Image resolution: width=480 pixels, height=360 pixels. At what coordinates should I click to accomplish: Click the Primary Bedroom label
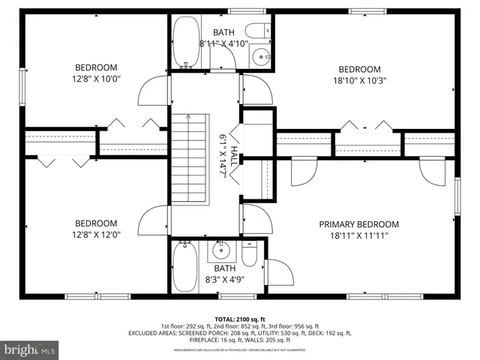tap(358, 224)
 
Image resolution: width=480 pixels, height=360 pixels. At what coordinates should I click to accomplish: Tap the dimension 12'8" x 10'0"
tap(95, 77)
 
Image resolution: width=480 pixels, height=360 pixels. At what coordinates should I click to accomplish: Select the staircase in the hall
tap(189, 157)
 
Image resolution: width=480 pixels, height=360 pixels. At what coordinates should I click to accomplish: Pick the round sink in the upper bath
tap(259, 55)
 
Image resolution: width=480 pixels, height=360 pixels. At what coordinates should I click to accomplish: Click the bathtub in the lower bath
tap(184, 268)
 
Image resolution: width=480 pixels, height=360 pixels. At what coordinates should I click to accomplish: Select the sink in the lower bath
tap(221, 250)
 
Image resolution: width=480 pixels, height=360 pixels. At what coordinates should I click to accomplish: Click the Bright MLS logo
tap(30, 349)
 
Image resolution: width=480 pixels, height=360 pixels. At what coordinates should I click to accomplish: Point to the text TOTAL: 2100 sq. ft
tap(239, 319)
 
